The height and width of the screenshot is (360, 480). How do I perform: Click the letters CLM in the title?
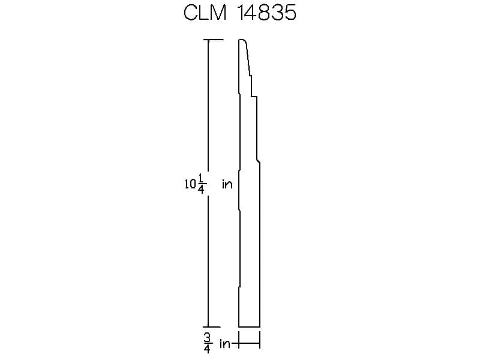click(x=205, y=13)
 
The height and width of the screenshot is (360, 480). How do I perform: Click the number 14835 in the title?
click(x=266, y=13)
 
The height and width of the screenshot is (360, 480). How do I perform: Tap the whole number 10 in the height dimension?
click(x=190, y=184)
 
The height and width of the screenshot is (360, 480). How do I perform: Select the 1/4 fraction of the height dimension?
click(x=201, y=184)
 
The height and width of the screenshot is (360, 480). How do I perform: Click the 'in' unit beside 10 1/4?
click(x=227, y=184)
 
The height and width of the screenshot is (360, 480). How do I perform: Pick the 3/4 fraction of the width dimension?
click(x=208, y=343)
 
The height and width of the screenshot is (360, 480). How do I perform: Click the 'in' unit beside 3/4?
click(x=225, y=344)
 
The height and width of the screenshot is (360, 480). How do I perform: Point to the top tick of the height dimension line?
click(x=214, y=40)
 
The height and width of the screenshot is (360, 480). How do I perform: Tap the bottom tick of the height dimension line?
click(x=212, y=327)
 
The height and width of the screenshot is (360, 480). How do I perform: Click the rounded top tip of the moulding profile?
click(x=242, y=40)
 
